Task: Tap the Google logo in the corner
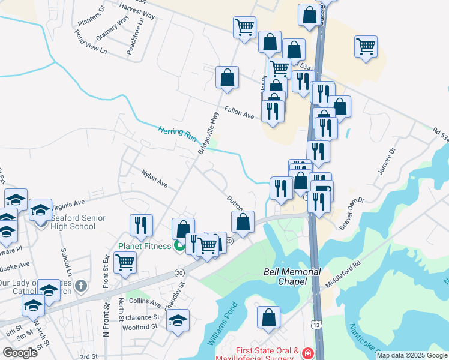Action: [x=20, y=353]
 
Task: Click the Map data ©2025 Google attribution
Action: [x=412, y=355]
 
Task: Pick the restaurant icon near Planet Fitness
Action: [x=141, y=225]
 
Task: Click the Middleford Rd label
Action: [x=342, y=272]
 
